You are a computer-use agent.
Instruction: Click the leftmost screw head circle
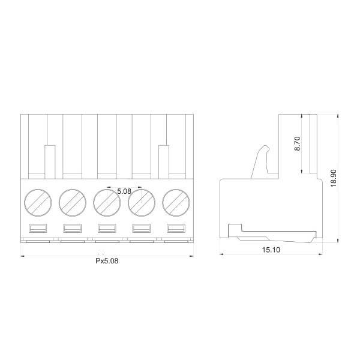point(38,203)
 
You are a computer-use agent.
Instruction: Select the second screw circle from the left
point(73,203)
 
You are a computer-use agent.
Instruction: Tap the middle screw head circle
point(107,203)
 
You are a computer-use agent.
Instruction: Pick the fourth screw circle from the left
point(142,203)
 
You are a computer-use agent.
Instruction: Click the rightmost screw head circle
point(176,203)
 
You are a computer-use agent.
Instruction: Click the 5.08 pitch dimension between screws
point(124,191)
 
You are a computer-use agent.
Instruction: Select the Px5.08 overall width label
point(107,262)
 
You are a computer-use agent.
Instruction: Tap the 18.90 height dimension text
point(333,178)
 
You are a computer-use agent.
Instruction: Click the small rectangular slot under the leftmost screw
point(38,228)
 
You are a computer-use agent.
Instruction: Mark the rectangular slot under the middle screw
point(107,228)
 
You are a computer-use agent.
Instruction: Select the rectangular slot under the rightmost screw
point(176,228)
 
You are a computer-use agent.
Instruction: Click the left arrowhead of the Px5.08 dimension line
point(23,256)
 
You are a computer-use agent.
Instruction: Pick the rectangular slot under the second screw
point(73,228)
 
